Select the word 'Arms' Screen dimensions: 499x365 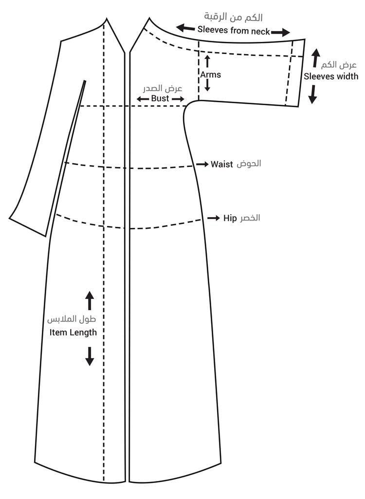coord(210,74)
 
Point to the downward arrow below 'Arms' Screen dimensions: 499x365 coord(208,86)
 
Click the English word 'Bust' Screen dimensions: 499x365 coord(160,98)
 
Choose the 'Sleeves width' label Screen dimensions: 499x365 coord(331,76)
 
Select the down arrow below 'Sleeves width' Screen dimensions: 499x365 coord(312,94)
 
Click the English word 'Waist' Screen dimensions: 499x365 coord(222,164)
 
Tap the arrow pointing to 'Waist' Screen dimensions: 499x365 coord(202,165)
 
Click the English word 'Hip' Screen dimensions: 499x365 coord(230,218)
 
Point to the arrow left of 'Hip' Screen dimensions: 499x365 coord(214,218)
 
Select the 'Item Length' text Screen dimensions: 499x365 coord(73,333)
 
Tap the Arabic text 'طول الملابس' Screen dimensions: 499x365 coord(71,320)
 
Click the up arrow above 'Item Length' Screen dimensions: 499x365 coord(90,300)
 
